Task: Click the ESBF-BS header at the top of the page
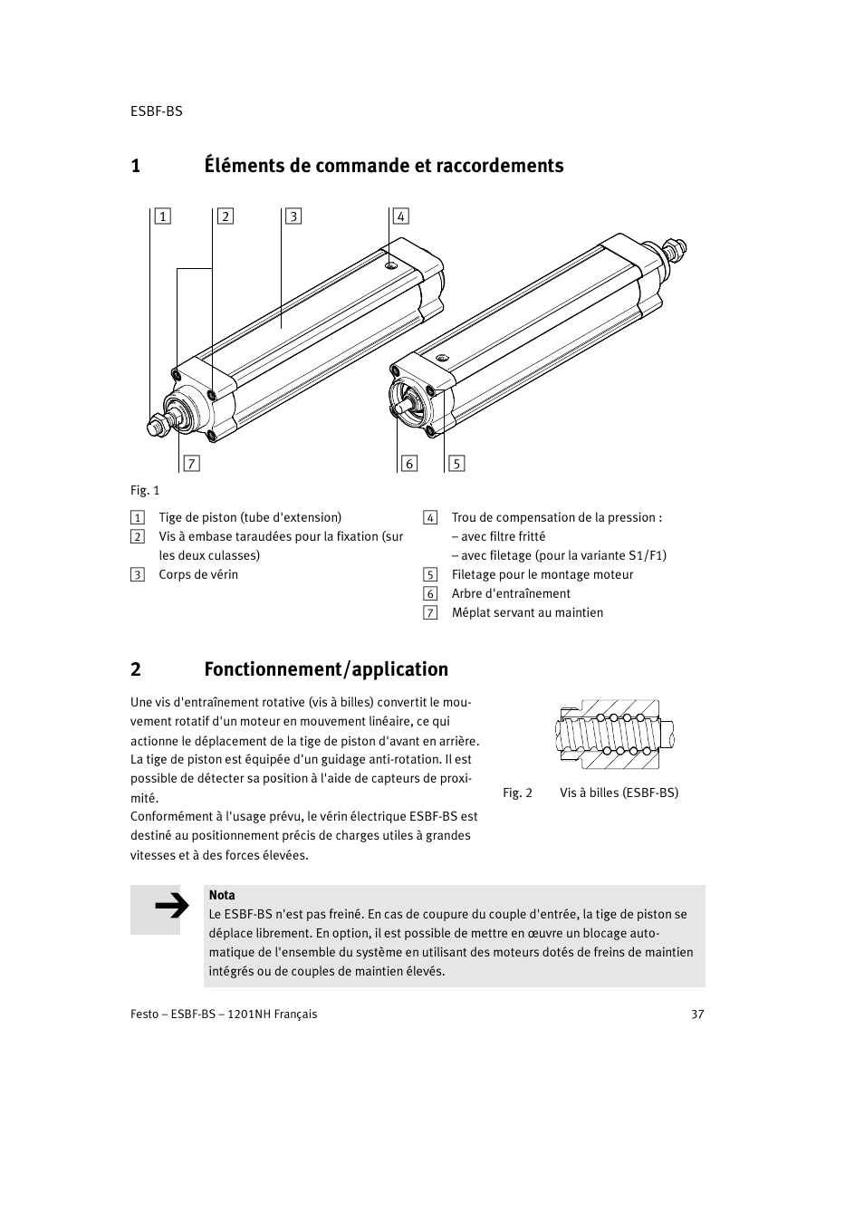156,111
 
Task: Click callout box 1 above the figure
162,216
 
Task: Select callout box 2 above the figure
226,216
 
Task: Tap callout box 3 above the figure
293,216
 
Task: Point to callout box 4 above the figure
400,216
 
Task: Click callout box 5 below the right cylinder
456,464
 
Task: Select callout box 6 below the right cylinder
409,464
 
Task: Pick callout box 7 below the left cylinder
190,464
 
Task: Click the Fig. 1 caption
145,490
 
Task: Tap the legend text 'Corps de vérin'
198,574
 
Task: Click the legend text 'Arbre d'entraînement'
511,593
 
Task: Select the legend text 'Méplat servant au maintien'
527,612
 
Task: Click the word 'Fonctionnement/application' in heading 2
326,669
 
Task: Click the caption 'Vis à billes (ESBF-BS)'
619,793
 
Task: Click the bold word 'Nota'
222,895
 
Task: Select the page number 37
697,1014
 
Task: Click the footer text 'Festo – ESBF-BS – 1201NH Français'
224,1014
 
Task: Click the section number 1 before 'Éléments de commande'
136,166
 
